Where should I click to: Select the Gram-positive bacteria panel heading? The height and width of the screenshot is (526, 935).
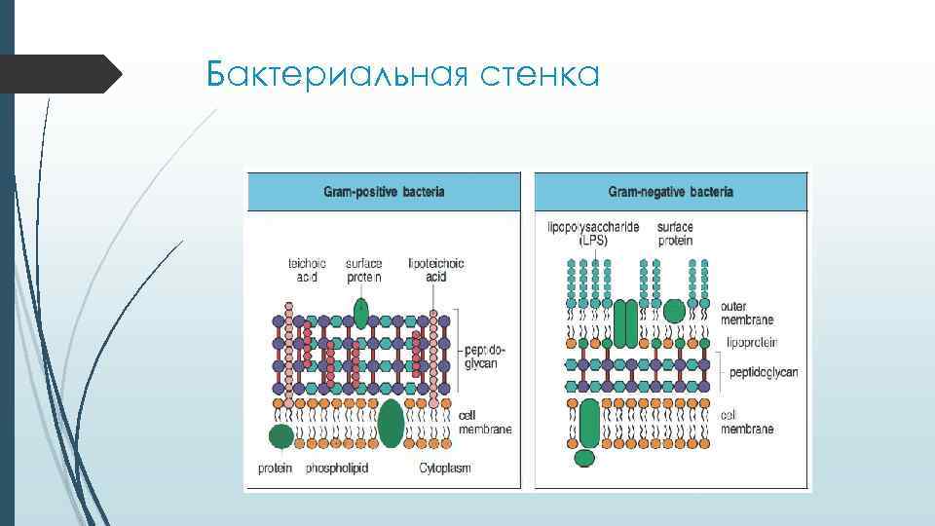(x=384, y=192)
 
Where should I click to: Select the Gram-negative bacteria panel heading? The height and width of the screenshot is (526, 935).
(x=671, y=192)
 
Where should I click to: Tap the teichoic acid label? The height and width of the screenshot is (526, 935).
(x=306, y=270)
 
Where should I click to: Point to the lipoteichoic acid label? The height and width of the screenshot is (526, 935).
(x=436, y=270)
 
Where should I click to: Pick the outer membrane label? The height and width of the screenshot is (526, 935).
(x=747, y=313)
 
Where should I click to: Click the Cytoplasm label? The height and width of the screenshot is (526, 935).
(x=444, y=469)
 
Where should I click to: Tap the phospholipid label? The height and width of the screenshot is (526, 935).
(x=337, y=469)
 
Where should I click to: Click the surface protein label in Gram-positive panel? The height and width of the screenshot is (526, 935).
(x=363, y=270)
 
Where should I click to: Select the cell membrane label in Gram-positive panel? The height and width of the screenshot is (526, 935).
(x=484, y=423)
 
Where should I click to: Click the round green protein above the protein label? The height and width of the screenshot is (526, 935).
(x=280, y=437)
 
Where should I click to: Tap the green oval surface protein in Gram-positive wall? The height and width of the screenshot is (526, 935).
(x=361, y=314)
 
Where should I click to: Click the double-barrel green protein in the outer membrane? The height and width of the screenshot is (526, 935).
(x=625, y=322)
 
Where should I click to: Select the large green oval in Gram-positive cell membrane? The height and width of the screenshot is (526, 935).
(x=391, y=423)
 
